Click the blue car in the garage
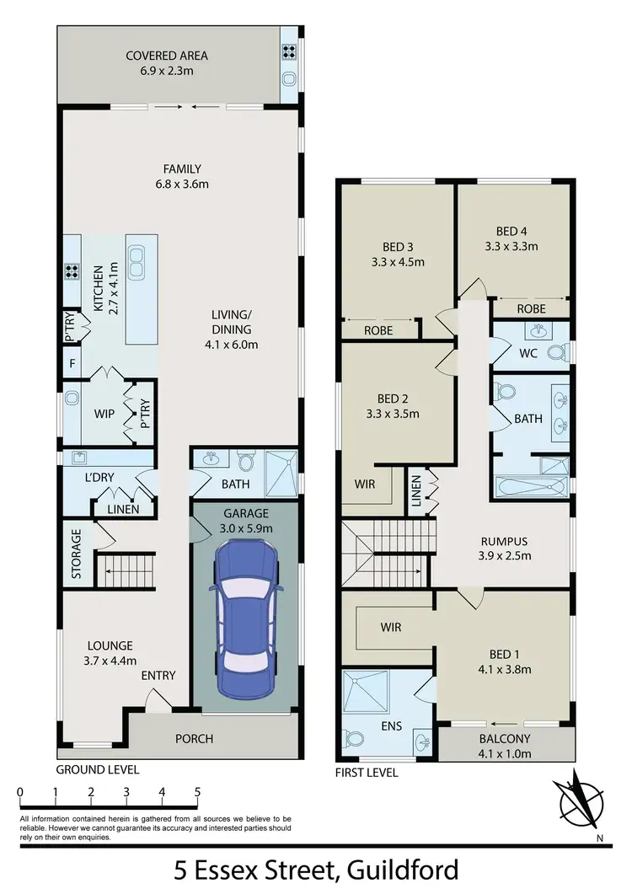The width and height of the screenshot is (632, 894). click(244, 618)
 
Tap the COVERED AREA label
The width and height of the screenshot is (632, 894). click(167, 56)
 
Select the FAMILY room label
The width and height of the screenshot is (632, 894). click(183, 169)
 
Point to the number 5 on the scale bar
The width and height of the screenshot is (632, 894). click(197, 792)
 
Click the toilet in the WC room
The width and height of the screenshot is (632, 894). click(555, 352)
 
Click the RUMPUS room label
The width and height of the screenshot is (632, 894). click(505, 542)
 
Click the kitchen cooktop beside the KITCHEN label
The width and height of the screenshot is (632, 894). click(72, 272)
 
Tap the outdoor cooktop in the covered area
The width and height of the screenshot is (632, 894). click(290, 51)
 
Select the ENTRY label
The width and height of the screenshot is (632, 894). click(158, 675)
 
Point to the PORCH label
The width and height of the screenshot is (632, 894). click(194, 739)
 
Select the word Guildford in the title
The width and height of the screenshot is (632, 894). click(396, 868)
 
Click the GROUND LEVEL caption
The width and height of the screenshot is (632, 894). click(97, 769)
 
